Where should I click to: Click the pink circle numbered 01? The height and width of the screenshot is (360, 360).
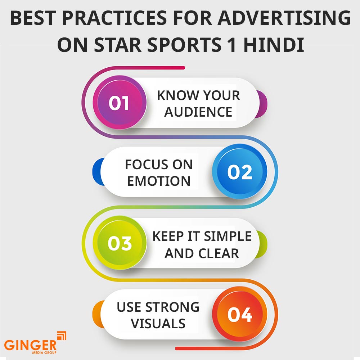[x=119, y=103]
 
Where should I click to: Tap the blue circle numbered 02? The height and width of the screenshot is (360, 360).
[x=240, y=172]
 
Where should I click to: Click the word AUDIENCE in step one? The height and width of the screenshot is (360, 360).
[x=198, y=112]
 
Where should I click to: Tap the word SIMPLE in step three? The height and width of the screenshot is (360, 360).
[x=228, y=237]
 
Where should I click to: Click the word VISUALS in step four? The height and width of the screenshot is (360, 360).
[x=158, y=324]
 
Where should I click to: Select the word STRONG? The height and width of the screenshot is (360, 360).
[x=172, y=307]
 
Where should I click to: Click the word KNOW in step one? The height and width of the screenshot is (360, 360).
[x=173, y=95]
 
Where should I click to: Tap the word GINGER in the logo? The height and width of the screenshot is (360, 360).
[x=31, y=345]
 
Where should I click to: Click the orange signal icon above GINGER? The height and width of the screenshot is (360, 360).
[x=62, y=335]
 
